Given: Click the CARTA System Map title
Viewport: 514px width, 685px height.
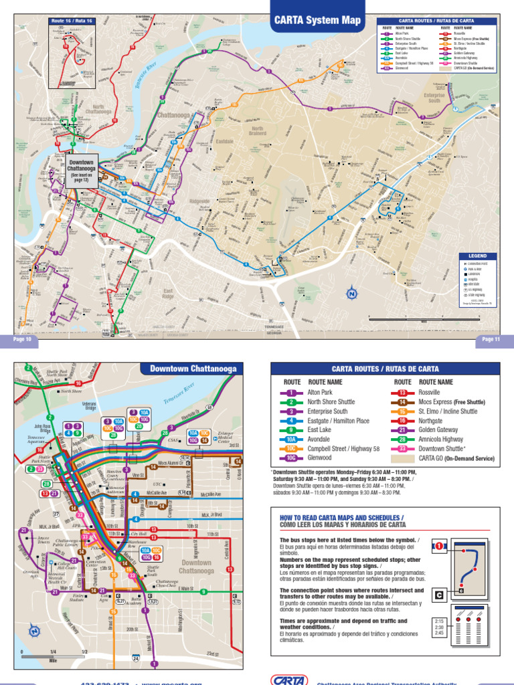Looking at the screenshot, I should tap(317, 20).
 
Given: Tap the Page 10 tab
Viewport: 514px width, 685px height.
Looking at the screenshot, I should tap(22, 339).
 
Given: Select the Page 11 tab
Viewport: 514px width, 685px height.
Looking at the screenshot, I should tap(491, 339).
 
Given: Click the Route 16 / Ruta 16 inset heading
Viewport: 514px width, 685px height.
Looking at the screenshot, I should tap(72, 21).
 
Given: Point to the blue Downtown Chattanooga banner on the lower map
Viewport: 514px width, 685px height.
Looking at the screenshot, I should tap(193, 369).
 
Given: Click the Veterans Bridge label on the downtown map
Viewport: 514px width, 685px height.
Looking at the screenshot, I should tap(90, 405).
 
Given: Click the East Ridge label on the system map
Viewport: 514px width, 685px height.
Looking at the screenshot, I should tap(168, 293).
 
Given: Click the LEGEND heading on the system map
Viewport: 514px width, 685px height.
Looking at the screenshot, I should tap(478, 256).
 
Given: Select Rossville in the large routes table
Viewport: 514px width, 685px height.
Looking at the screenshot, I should tap(428, 392).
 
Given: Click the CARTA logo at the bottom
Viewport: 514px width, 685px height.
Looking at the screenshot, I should tap(289, 679).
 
